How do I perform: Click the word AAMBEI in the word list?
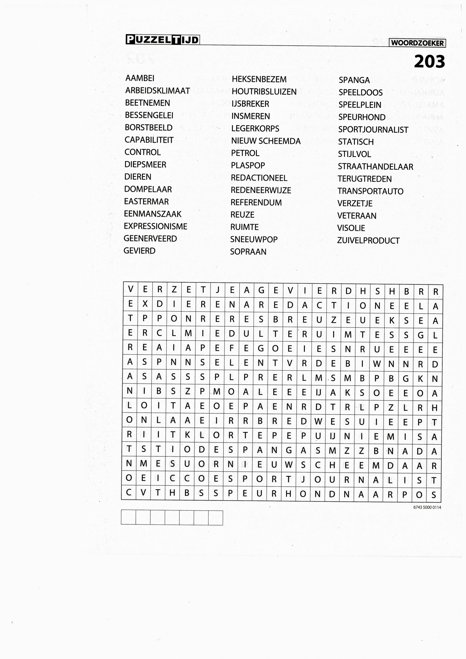point(140,78)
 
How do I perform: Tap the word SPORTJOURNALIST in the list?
point(373,130)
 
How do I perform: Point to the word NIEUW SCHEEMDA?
point(266,141)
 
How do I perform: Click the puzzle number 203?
point(429,62)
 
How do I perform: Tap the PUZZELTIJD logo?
point(162,40)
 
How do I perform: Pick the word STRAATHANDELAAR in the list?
point(375,167)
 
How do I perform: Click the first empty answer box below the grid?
point(128,517)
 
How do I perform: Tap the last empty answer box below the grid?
point(216,517)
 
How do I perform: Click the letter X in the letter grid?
point(145,304)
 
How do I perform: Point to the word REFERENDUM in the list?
point(256,202)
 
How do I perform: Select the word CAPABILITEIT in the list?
point(149,140)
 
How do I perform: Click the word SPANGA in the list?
point(354,80)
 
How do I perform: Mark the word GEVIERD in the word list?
point(139,251)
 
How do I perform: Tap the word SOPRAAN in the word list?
point(248,252)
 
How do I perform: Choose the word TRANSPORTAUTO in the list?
point(370,191)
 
